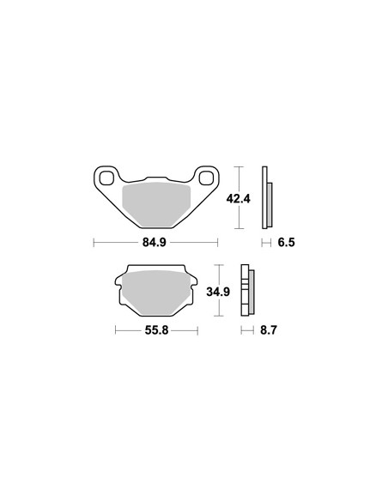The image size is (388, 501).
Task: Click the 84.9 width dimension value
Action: [x=154, y=243]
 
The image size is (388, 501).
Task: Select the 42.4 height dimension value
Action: [x=239, y=199]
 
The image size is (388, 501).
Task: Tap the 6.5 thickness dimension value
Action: [x=286, y=243]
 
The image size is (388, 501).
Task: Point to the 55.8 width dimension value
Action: [x=156, y=330]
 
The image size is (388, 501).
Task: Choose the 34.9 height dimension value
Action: [x=218, y=292]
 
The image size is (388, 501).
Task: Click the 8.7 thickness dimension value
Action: [x=268, y=330]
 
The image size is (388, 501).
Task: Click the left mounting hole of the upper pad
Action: [x=106, y=178]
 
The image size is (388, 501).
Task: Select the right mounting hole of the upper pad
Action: [x=206, y=178]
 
